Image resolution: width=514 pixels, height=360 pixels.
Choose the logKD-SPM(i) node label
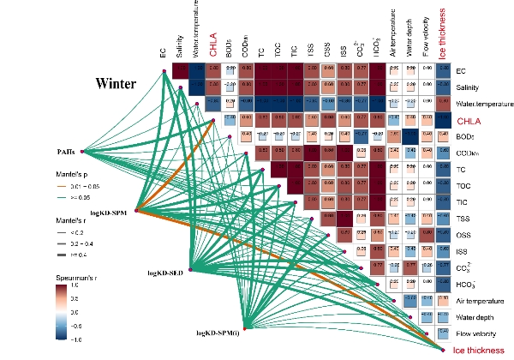pyautogui.click(x=218, y=332)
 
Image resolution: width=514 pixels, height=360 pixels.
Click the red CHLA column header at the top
pyautogui.click(x=213, y=44)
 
